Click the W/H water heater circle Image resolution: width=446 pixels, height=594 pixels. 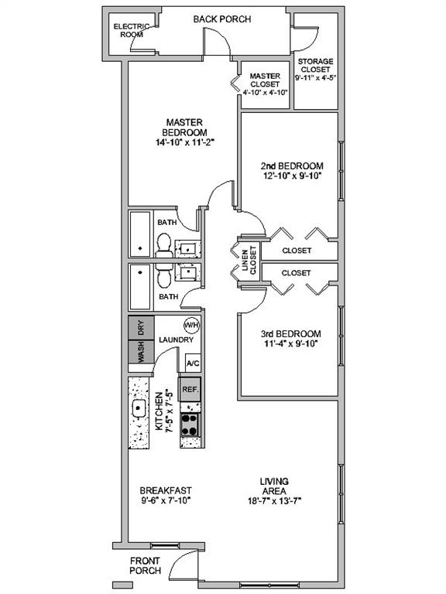click(x=190, y=325)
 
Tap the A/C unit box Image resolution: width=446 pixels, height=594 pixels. click(x=193, y=364)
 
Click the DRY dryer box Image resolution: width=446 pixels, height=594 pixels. click(x=141, y=327)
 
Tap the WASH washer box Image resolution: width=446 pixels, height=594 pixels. click(x=141, y=352)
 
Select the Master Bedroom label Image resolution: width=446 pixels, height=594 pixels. click(x=184, y=127)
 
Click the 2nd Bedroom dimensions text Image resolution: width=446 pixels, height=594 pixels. click(x=292, y=176)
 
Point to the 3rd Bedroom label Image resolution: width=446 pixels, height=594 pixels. click(x=291, y=334)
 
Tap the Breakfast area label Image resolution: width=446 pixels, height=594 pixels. click(x=165, y=490)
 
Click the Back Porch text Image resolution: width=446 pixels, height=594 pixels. click(x=222, y=19)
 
